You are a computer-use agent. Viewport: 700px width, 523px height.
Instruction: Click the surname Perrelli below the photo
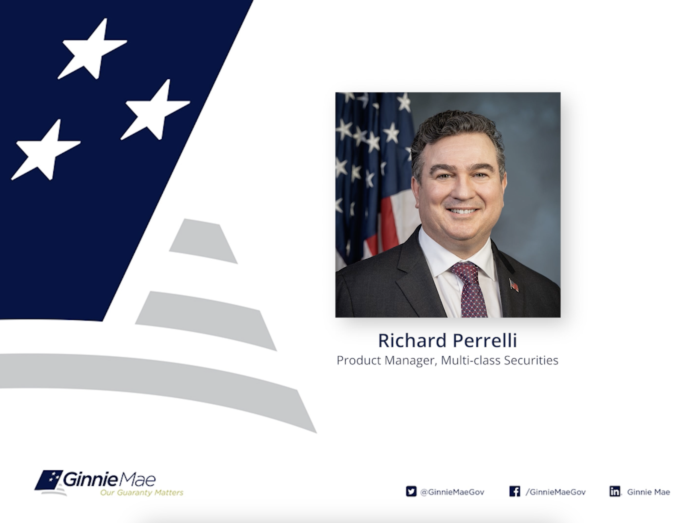[x=485, y=340]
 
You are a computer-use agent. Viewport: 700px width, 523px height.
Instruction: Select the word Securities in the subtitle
[x=531, y=360]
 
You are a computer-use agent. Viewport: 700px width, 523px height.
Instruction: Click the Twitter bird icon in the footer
[x=411, y=491]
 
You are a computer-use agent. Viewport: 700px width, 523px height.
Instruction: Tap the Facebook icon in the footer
[x=515, y=491]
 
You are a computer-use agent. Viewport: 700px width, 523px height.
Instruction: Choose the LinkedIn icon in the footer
[x=615, y=491]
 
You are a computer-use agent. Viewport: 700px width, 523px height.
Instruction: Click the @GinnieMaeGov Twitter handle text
[x=452, y=492]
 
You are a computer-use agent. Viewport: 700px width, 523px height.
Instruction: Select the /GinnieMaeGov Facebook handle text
[x=556, y=492]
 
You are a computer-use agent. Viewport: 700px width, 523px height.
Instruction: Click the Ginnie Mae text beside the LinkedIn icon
[x=648, y=492]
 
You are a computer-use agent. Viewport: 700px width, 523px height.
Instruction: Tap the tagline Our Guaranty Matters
[x=142, y=493]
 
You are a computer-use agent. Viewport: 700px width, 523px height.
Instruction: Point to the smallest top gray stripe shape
[x=203, y=241]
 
